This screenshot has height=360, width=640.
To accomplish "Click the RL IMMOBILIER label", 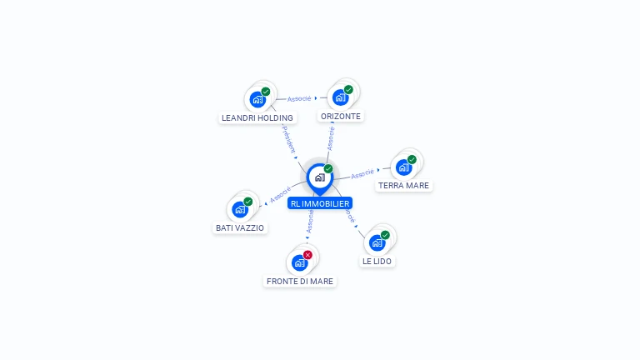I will (320, 203).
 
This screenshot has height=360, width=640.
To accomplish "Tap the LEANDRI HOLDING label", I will (257, 117).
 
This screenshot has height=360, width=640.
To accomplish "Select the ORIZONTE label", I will (341, 117).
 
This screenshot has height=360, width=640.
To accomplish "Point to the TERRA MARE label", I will (404, 186).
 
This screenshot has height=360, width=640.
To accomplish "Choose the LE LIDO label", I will (377, 262).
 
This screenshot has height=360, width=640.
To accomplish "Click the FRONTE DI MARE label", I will (300, 282).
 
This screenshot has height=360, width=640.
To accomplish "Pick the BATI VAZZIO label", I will (240, 227).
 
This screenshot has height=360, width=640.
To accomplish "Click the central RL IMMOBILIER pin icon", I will (319, 177).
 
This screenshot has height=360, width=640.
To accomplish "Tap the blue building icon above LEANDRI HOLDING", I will (257, 99).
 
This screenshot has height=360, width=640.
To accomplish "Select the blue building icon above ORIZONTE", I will (340, 97).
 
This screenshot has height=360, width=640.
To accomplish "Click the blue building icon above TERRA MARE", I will (403, 167).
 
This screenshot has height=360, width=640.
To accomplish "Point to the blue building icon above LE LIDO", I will (377, 242).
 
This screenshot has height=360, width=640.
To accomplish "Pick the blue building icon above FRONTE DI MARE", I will (299, 262).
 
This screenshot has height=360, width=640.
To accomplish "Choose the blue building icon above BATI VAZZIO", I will (240, 209).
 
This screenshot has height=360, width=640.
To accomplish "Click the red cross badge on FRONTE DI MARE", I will (308, 254).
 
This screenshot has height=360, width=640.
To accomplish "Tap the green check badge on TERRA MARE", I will (412, 159).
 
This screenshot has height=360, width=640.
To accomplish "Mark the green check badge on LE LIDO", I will (385, 235).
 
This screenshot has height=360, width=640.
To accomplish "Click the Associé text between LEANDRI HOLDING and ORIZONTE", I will (299, 98).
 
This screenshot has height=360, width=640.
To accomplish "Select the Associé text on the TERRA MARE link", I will (362, 173).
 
